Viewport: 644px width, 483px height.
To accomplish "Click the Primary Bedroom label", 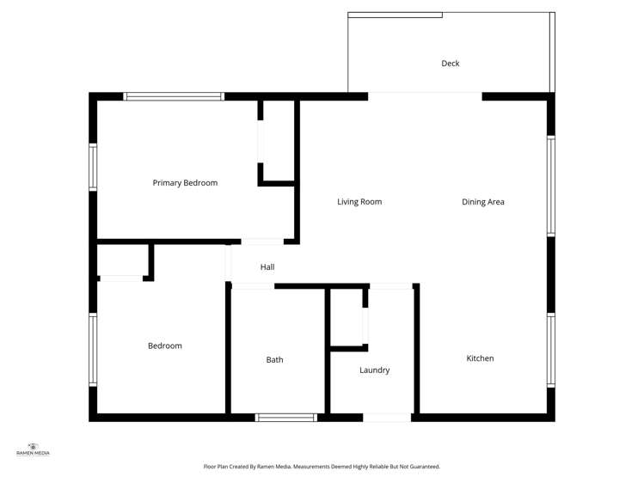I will coord(185,183).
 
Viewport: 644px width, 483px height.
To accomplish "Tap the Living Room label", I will coord(359,202).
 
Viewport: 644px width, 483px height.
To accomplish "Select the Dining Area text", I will coord(482,202).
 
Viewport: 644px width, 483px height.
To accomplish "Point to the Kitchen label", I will coord(480,358).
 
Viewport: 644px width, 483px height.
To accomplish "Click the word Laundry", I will coord(374,370).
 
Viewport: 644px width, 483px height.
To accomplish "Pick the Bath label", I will coord(274,360).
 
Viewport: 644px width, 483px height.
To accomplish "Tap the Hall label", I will coord(267,267).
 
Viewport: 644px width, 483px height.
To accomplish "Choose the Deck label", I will coord(451,64).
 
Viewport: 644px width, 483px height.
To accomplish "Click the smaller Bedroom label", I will coord(165,345).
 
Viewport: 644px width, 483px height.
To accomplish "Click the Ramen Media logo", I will coord(34,449).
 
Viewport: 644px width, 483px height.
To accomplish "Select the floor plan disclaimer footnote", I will coord(322,467).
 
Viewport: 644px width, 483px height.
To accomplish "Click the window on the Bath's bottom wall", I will coord(286,418).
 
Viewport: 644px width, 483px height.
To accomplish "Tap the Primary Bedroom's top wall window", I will coord(175,96).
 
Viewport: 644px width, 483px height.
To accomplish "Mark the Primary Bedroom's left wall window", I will coord(93,166).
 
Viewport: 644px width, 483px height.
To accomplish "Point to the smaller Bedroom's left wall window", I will coord(93,349).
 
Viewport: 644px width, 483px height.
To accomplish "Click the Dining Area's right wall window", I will coord(551,185).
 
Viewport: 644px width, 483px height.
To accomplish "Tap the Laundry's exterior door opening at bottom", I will coord(387,418).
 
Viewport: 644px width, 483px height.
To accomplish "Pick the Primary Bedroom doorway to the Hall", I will coord(262,241).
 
